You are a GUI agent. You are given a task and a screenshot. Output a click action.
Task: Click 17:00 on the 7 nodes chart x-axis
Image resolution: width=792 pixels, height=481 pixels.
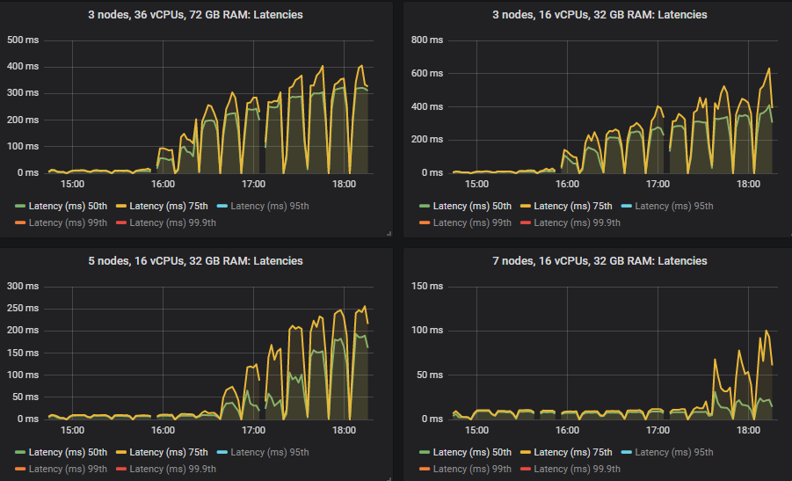tap(658, 431)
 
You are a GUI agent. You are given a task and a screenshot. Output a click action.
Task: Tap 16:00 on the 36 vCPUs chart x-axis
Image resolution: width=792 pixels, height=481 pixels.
tap(163, 185)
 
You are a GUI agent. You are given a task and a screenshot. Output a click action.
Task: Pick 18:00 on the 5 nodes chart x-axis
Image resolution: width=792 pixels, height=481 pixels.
tap(345, 431)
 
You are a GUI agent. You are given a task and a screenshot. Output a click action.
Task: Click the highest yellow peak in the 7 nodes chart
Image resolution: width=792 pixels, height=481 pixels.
tap(767, 331)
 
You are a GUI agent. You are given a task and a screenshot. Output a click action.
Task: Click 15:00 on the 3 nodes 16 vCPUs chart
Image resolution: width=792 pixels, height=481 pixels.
tap(476, 185)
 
